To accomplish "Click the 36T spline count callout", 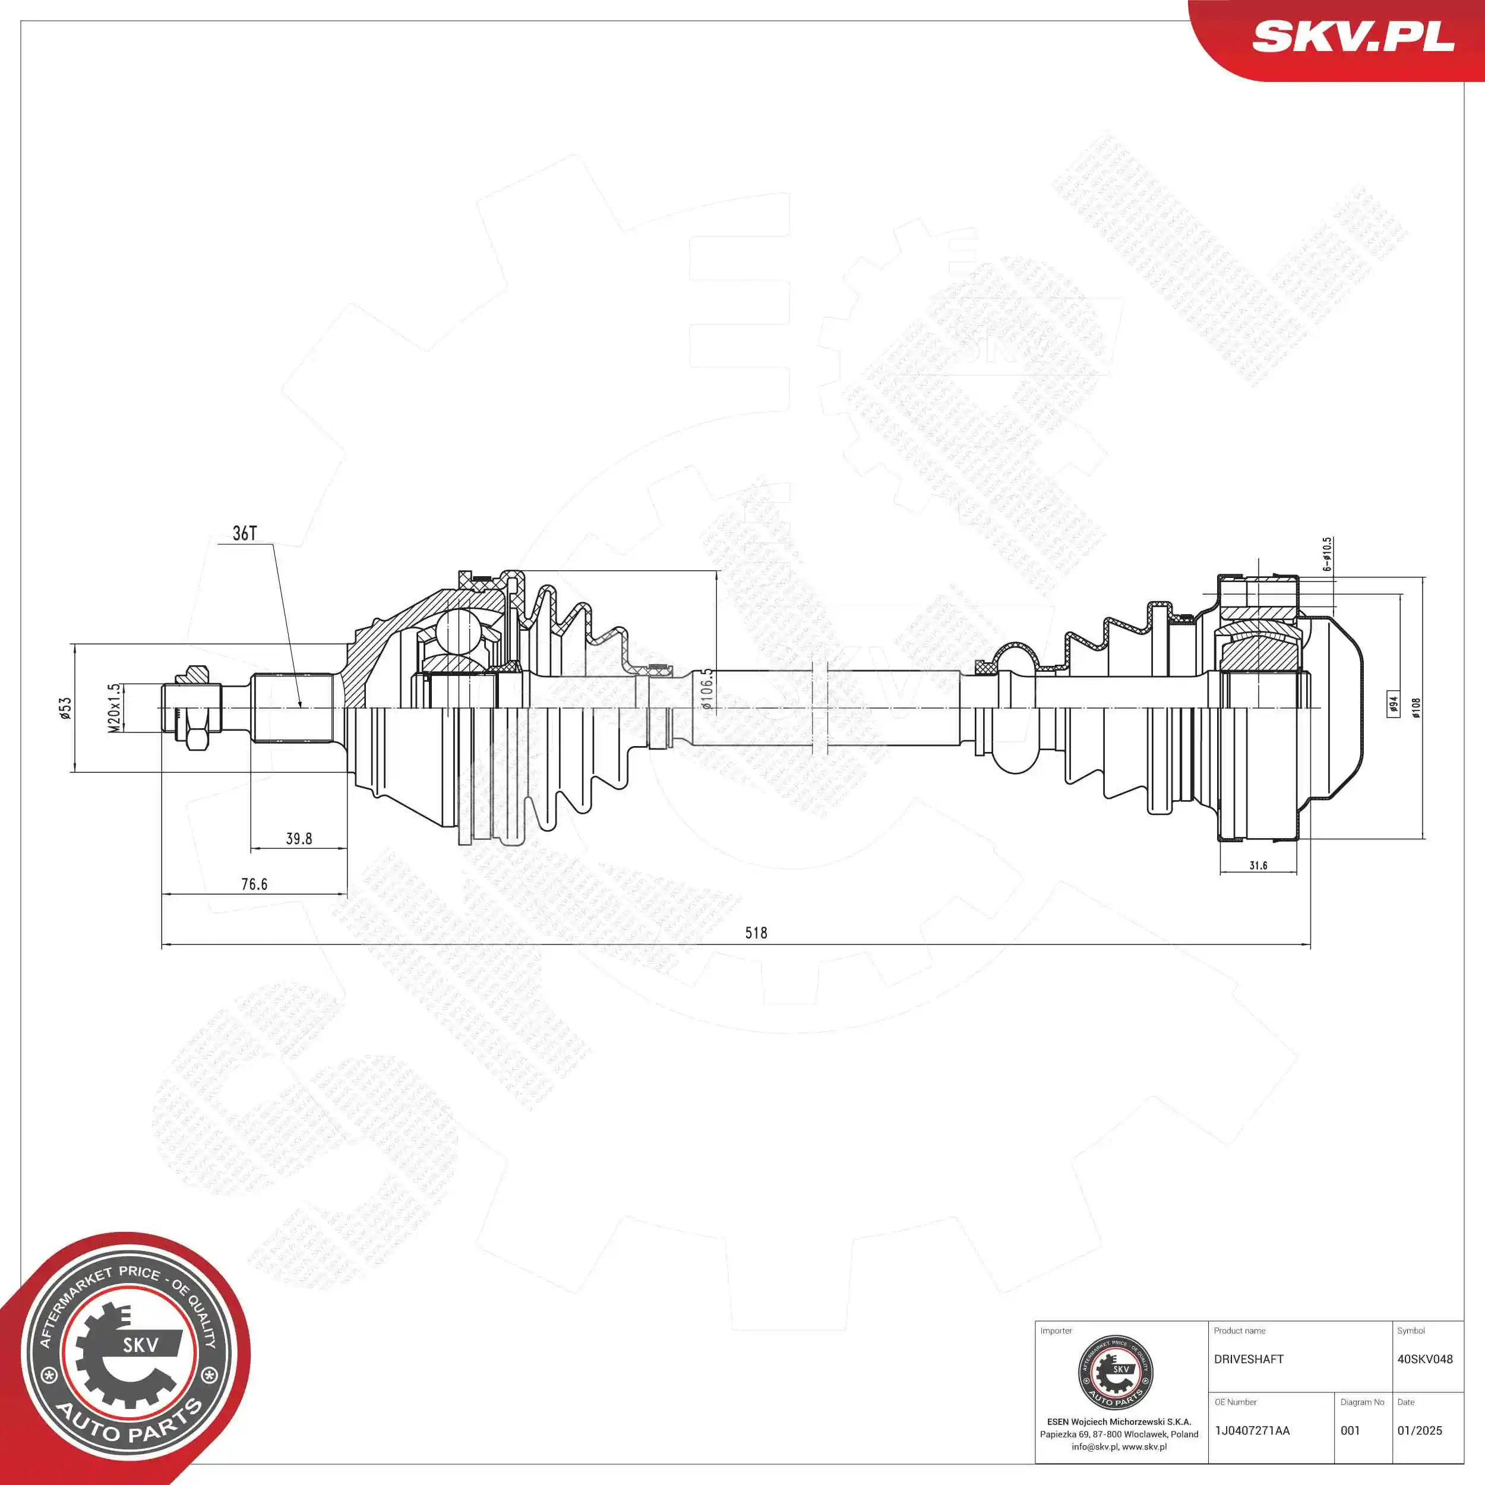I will click(244, 533).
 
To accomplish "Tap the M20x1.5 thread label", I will click(114, 708).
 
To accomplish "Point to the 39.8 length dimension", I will click(298, 839).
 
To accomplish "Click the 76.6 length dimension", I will click(254, 884).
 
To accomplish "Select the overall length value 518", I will click(756, 933).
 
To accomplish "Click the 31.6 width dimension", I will click(1258, 865).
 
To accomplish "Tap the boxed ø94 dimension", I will click(1393, 705).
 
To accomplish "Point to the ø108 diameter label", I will click(1416, 707).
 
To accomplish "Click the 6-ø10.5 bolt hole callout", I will click(1328, 554).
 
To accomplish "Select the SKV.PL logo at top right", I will click(1353, 36).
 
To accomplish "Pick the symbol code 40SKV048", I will click(1424, 1359).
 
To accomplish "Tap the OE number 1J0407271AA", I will click(1252, 1430).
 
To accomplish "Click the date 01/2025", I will click(1419, 1430).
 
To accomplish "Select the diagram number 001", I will click(1350, 1430).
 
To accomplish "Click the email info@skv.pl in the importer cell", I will click(1095, 1446).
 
